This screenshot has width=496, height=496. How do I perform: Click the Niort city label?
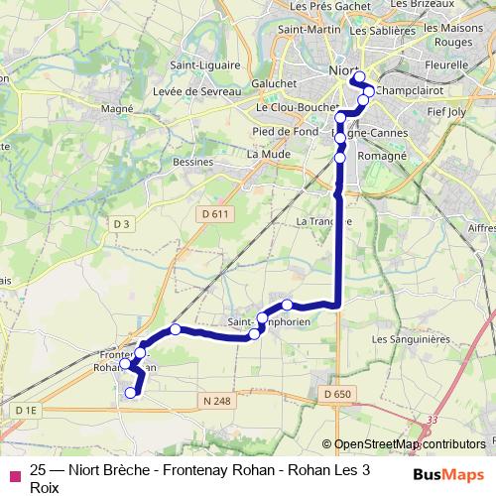[x=342, y=70]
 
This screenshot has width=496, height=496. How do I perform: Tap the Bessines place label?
[x=191, y=161]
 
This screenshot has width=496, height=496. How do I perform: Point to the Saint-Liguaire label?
[x=203, y=66]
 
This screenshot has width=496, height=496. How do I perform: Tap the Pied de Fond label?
[x=282, y=131]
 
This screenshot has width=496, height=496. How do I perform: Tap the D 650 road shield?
[x=337, y=395]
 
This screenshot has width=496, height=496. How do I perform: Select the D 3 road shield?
[x=121, y=225]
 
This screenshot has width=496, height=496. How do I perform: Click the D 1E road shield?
[x=26, y=410]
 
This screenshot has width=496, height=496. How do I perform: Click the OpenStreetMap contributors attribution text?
[x=409, y=444]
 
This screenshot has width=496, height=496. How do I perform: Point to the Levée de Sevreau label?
[x=197, y=91]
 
